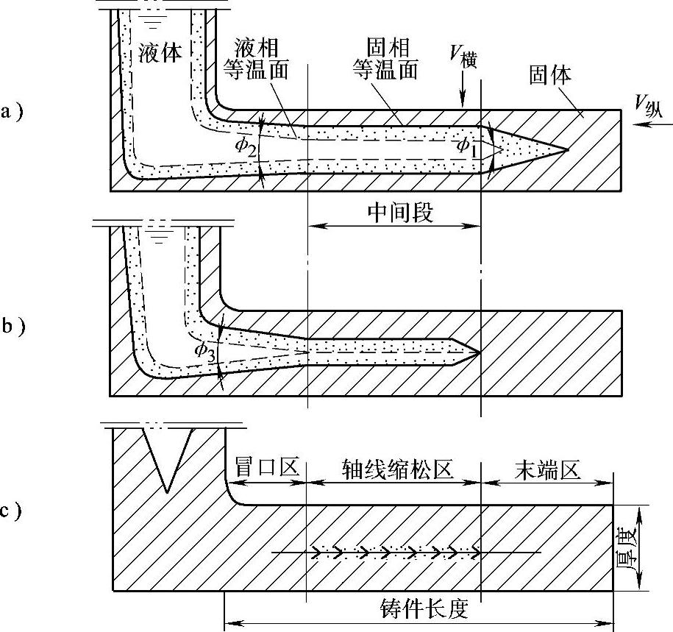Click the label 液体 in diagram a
click(x=160, y=53)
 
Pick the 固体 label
click(x=550, y=74)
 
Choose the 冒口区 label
click(x=265, y=469)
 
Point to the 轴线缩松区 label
click(x=396, y=469)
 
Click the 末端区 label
click(x=548, y=469)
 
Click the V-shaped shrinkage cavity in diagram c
click(x=168, y=456)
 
